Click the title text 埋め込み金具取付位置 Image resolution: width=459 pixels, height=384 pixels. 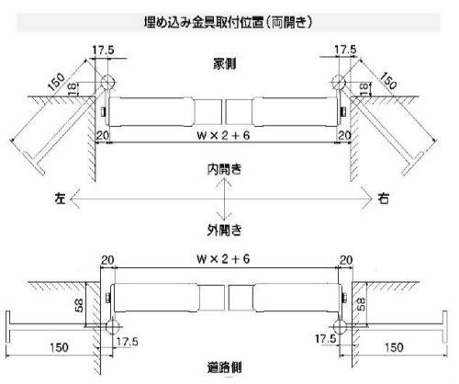204,22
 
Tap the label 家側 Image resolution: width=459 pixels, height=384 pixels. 225,64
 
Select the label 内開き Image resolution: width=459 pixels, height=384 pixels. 225,169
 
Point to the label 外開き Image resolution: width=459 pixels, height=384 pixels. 225,230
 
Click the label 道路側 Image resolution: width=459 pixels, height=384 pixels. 225,367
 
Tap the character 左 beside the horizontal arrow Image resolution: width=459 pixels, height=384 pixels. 61,198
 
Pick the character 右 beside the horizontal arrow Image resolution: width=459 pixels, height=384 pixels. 384,198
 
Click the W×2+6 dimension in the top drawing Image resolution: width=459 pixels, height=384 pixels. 224,135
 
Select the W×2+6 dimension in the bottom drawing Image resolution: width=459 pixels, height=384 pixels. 224,259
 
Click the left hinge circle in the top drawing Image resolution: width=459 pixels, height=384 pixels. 107,82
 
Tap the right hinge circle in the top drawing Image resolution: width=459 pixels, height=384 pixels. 339,82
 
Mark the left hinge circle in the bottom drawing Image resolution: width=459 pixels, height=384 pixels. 113,327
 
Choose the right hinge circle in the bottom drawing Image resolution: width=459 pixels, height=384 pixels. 341,327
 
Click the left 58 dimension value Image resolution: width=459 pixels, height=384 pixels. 79,305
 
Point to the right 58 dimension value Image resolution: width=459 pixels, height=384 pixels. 362,304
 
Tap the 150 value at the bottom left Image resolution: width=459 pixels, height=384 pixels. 59,347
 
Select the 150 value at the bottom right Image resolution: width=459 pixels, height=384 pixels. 394,347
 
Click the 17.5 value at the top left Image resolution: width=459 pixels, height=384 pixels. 104,50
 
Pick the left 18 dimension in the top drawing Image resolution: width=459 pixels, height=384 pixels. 72,89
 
